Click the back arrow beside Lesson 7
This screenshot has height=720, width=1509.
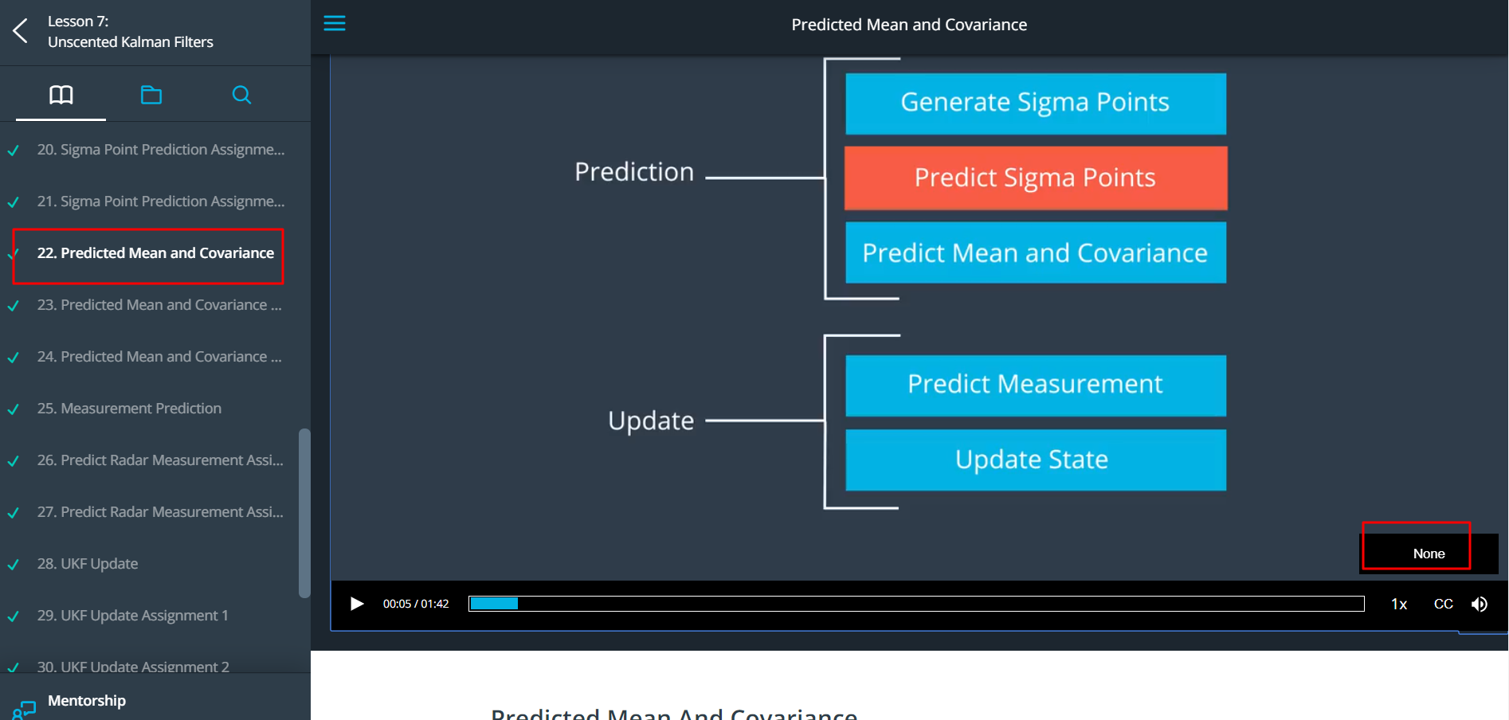pyautogui.click(x=21, y=31)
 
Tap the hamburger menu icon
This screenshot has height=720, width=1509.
pyautogui.click(x=335, y=23)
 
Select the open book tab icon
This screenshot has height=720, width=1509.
pyautogui.click(x=61, y=96)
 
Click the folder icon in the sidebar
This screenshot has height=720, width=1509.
pyautogui.click(x=151, y=96)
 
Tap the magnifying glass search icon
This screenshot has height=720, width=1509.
pyautogui.click(x=241, y=96)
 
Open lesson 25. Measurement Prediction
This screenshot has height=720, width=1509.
pyautogui.click(x=141, y=409)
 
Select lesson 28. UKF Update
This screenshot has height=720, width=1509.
pyautogui.click(x=99, y=564)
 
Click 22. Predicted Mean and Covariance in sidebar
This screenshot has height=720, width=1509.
pyautogui.click(x=155, y=253)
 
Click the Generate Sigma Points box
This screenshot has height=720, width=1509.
pyautogui.click(x=1035, y=104)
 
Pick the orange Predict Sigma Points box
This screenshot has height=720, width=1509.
pyautogui.click(x=1035, y=178)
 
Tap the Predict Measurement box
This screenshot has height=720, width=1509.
pyautogui.click(x=1035, y=385)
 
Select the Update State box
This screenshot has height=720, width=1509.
pyautogui.click(x=1035, y=460)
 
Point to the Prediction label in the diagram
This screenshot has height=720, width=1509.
pyautogui.click(x=634, y=172)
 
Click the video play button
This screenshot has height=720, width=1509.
pyautogui.click(x=357, y=604)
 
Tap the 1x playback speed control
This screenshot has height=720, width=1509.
pyautogui.click(x=1399, y=605)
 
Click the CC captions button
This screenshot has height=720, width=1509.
pyautogui.click(x=1443, y=605)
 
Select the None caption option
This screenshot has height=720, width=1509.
pyautogui.click(x=1428, y=554)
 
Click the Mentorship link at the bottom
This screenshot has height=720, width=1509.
pyautogui.click(x=86, y=701)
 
